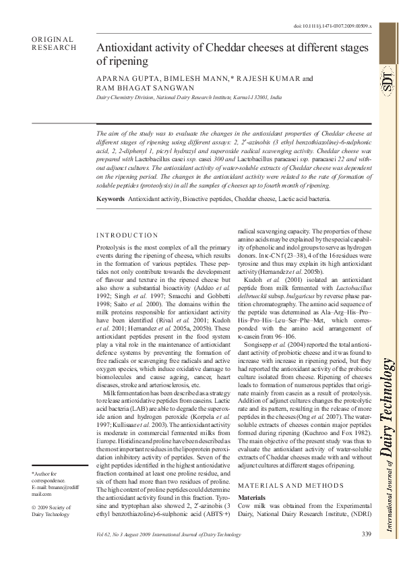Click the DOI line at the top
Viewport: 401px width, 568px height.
pos(342,25)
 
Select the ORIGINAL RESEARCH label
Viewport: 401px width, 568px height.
pos(54,44)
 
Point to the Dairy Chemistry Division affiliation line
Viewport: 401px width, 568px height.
pos(190,98)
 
